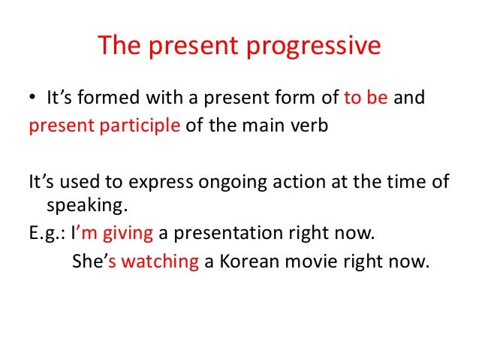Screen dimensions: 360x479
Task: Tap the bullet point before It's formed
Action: click(x=33, y=98)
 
